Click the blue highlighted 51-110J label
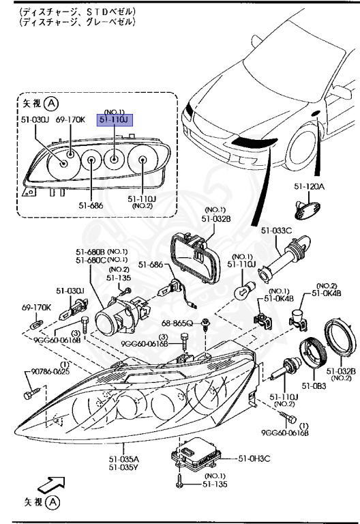click(x=117, y=119)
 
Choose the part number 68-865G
click(x=177, y=321)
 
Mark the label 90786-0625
click(x=44, y=372)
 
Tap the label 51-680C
click(x=89, y=259)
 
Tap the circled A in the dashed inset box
click(x=51, y=104)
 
